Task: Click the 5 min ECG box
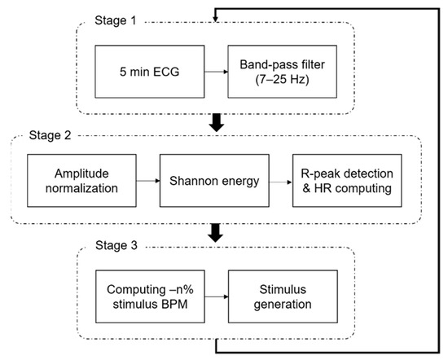click(150, 72)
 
